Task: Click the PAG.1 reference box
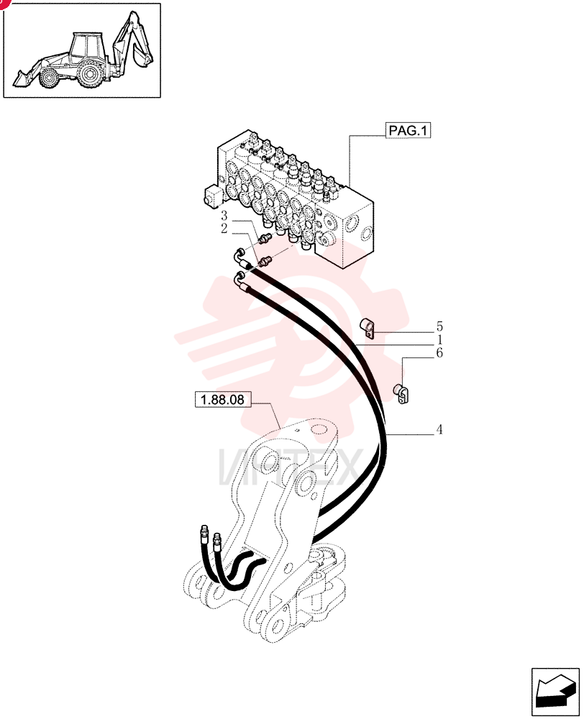[x=407, y=130]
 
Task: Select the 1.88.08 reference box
[x=222, y=399]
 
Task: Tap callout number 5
[x=439, y=327]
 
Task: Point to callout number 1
[x=439, y=340]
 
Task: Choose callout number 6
[x=439, y=353]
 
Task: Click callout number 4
[x=439, y=430]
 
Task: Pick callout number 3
[x=224, y=216]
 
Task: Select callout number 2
[x=224, y=229]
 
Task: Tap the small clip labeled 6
[x=401, y=393]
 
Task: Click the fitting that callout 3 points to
[x=265, y=239]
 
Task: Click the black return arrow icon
[x=555, y=692]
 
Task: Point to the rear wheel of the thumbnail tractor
[x=89, y=75]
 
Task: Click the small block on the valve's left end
[x=212, y=196]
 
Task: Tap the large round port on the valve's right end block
[x=353, y=224]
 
